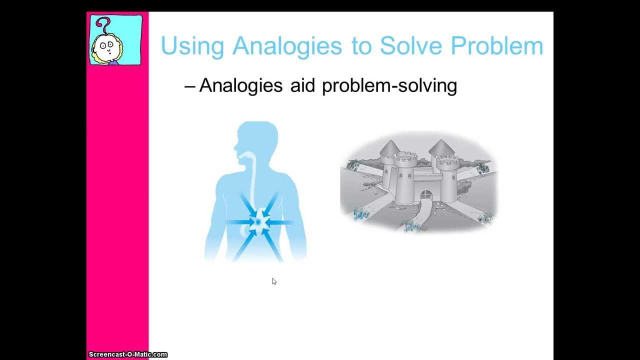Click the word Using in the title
(192, 46)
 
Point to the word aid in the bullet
(302, 85)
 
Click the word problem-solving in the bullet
(389, 86)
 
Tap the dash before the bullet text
(189, 86)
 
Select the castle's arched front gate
(425, 194)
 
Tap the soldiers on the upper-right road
(483, 168)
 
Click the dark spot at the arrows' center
(259, 220)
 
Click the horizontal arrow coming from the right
(281, 221)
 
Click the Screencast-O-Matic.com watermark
(127, 354)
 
